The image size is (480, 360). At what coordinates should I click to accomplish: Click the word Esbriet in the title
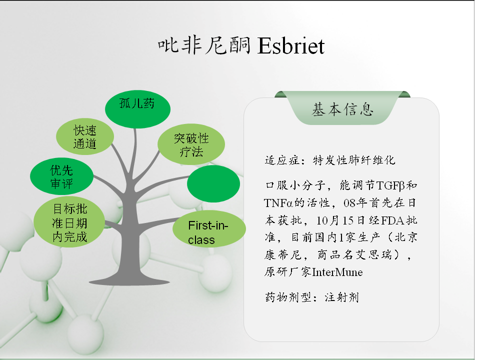pos(291,46)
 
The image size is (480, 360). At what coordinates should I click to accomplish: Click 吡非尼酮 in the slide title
pos(204,45)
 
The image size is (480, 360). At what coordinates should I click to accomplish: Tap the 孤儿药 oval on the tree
pos(137,109)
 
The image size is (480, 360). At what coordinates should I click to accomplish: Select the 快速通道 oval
pos(85,136)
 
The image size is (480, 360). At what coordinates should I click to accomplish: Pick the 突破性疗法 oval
pos(191,144)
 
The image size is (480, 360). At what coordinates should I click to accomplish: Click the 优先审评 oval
pos(61,176)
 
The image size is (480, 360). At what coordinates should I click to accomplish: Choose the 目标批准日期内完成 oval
pos(69,222)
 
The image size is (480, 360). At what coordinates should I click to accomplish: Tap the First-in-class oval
pos(209,229)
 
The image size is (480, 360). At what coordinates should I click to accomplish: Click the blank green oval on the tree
pos(213,183)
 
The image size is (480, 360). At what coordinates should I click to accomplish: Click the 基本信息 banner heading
pos(342,109)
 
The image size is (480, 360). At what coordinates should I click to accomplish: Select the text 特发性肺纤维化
pos(354,160)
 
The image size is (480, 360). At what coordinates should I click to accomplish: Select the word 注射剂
pos(341,297)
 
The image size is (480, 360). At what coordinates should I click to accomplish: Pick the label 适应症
pos(282,160)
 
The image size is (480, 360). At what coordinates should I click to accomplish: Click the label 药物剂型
pos(288,297)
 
